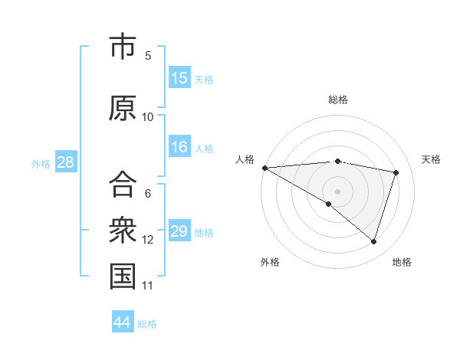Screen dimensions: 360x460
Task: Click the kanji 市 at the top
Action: pyautogui.click(x=123, y=47)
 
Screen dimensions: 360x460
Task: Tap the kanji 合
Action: pyautogui.click(x=123, y=185)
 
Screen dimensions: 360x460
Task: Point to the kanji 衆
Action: pyautogui.click(x=123, y=230)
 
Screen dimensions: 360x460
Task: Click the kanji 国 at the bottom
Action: pyautogui.click(x=123, y=277)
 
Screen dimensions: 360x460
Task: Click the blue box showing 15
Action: pyautogui.click(x=179, y=78)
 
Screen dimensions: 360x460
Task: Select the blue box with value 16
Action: pyautogui.click(x=179, y=147)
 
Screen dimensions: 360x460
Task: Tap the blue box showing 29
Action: pyautogui.click(x=179, y=231)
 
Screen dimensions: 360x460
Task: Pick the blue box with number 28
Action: pyautogui.click(x=65, y=162)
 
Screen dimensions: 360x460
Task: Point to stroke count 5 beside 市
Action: pyautogui.click(x=148, y=55)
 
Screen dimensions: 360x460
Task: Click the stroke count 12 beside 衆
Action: pyautogui.click(x=148, y=240)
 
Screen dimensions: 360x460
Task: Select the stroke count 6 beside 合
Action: pyautogui.click(x=148, y=194)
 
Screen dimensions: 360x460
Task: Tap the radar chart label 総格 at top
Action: pyautogui.click(x=338, y=100)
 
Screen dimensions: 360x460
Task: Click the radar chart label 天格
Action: pyautogui.click(x=431, y=159)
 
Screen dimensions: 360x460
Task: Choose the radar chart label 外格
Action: pyautogui.click(x=270, y=262)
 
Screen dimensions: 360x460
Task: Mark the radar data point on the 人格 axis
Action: pyautogui.click(x=264, y=168)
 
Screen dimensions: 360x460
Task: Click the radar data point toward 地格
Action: pyautogui.click(x=373, y=241)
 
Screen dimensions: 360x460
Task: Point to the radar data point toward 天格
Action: pyautogui.click(x=396, y=172)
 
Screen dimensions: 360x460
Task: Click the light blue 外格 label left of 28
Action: pyautogui.click(x=41, y=163)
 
